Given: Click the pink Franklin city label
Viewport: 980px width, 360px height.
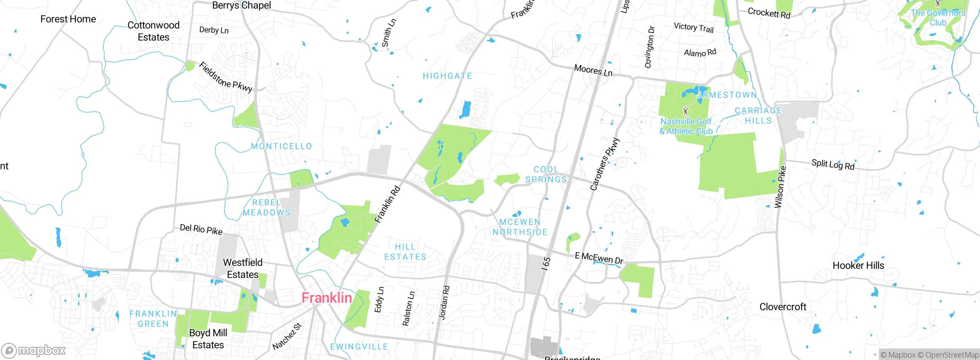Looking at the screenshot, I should (327, 298).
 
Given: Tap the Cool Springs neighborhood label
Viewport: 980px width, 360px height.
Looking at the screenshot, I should (546, 175).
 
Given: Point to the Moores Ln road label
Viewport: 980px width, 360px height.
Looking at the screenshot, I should (593, 70).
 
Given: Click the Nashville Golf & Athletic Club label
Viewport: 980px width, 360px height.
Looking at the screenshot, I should (686, 126).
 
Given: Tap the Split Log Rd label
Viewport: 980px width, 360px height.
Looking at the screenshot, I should (833, 165).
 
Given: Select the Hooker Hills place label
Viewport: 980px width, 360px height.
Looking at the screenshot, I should (858, 265).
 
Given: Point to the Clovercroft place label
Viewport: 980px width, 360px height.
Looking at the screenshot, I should (782, 307).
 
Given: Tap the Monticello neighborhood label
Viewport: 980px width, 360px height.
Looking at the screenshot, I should (281, 146).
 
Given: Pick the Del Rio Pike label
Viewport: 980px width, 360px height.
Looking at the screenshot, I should (201, 229).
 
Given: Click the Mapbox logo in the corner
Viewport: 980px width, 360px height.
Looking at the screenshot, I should (34, 350).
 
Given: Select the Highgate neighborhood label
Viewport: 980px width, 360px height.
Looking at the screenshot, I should (447, 76).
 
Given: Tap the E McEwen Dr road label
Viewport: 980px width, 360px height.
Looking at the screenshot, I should (599, 259).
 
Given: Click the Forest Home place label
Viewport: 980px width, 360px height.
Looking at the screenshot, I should (68, 19).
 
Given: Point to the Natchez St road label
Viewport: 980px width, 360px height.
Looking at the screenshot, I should (287, 336).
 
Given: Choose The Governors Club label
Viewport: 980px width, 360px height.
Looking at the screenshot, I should (938, 18).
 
